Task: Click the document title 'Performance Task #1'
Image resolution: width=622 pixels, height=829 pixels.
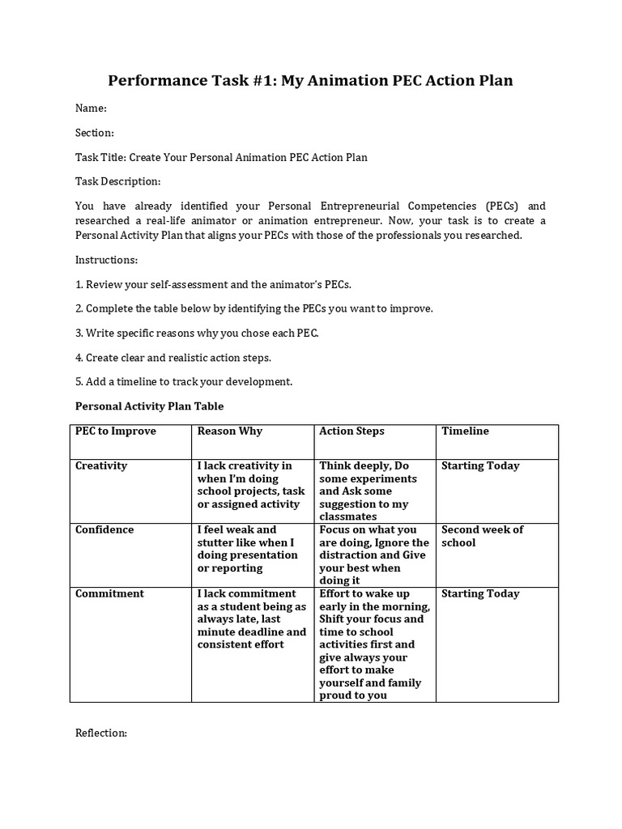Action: [x=311, y=80]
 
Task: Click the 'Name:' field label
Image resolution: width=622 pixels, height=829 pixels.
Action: [x=91, y=108]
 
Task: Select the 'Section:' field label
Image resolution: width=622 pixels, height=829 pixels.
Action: [x=95, y=133]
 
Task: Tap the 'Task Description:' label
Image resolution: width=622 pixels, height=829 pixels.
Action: [x=118, y=181]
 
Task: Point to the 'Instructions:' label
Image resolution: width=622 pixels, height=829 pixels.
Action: [x=107, y=260]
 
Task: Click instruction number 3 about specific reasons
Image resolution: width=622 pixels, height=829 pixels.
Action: [x=197, y=333]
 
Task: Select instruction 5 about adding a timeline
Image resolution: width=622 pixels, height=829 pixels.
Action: [x=184, y=381]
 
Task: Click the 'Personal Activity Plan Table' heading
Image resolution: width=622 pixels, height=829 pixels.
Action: [x=149, y=406]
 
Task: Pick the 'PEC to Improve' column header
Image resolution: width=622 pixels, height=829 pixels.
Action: [x=116, y=431]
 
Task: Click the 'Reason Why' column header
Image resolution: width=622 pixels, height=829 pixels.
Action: [x=230, y=431]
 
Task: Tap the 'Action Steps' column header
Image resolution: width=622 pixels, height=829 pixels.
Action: [x=352, y=431]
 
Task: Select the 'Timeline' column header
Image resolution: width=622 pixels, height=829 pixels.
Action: [x=465, y=431]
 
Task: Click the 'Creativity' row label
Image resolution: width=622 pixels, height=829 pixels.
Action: [x=101, y=466]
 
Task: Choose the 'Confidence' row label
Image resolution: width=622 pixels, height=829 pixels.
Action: [x=104, y=529]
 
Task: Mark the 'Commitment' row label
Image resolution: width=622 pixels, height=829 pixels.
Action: [x=109, y=593]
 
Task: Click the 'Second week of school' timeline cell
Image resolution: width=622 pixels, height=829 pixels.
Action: [x=482, y=536]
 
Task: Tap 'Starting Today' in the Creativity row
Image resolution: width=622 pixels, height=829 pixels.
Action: [x=480, y=466]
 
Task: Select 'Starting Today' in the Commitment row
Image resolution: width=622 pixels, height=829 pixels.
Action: [x=480, y=593]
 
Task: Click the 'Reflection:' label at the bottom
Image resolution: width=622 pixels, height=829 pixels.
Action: [x=101, y=733]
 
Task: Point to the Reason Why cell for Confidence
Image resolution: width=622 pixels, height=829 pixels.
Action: [x=247, y=549]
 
